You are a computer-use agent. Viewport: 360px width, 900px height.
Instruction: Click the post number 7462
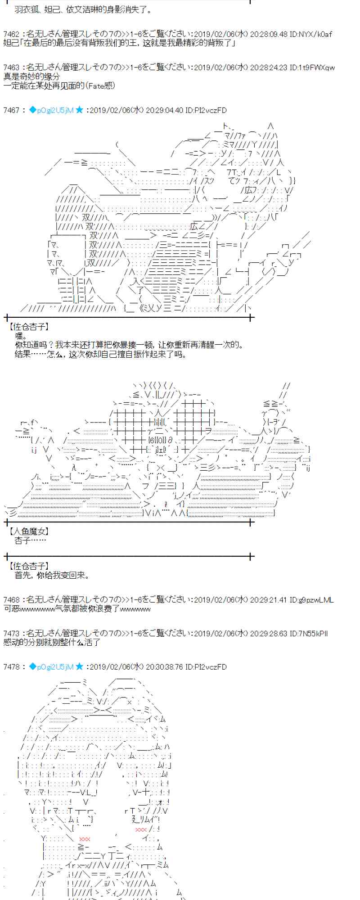11,34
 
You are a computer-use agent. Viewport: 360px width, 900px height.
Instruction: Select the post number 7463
11,68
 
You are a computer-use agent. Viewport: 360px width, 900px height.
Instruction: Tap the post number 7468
11,600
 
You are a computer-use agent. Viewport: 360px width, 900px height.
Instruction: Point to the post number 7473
11,634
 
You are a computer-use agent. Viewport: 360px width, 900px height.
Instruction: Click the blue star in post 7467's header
79,110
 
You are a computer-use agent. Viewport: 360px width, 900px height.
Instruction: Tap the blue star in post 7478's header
79,667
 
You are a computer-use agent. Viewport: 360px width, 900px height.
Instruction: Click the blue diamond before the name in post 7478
32,667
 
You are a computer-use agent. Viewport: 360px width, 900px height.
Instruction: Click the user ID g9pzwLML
317,600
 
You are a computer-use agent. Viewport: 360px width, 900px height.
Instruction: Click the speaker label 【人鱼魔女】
29,532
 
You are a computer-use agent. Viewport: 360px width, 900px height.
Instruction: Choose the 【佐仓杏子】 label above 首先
29,566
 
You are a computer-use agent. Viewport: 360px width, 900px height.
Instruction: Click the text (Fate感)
100,85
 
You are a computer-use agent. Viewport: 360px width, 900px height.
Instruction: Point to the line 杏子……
30,541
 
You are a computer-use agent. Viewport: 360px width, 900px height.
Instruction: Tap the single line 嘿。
21,336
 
